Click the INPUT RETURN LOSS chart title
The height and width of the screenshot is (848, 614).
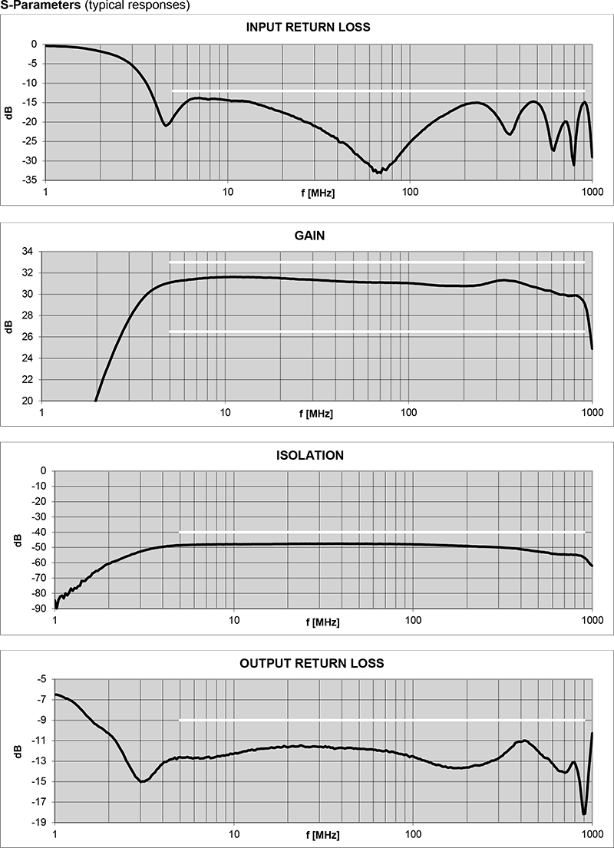307,27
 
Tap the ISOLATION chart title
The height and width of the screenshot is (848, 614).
309,455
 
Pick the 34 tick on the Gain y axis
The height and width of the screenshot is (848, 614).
27,252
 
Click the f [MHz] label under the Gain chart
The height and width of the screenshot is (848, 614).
316,414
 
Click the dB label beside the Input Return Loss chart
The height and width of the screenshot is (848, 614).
9,113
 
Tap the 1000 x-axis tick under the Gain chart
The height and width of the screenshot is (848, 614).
592,412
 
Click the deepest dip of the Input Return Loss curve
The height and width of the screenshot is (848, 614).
378,172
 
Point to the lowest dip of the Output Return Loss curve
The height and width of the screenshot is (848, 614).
584,813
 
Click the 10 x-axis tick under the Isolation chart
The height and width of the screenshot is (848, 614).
234,619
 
